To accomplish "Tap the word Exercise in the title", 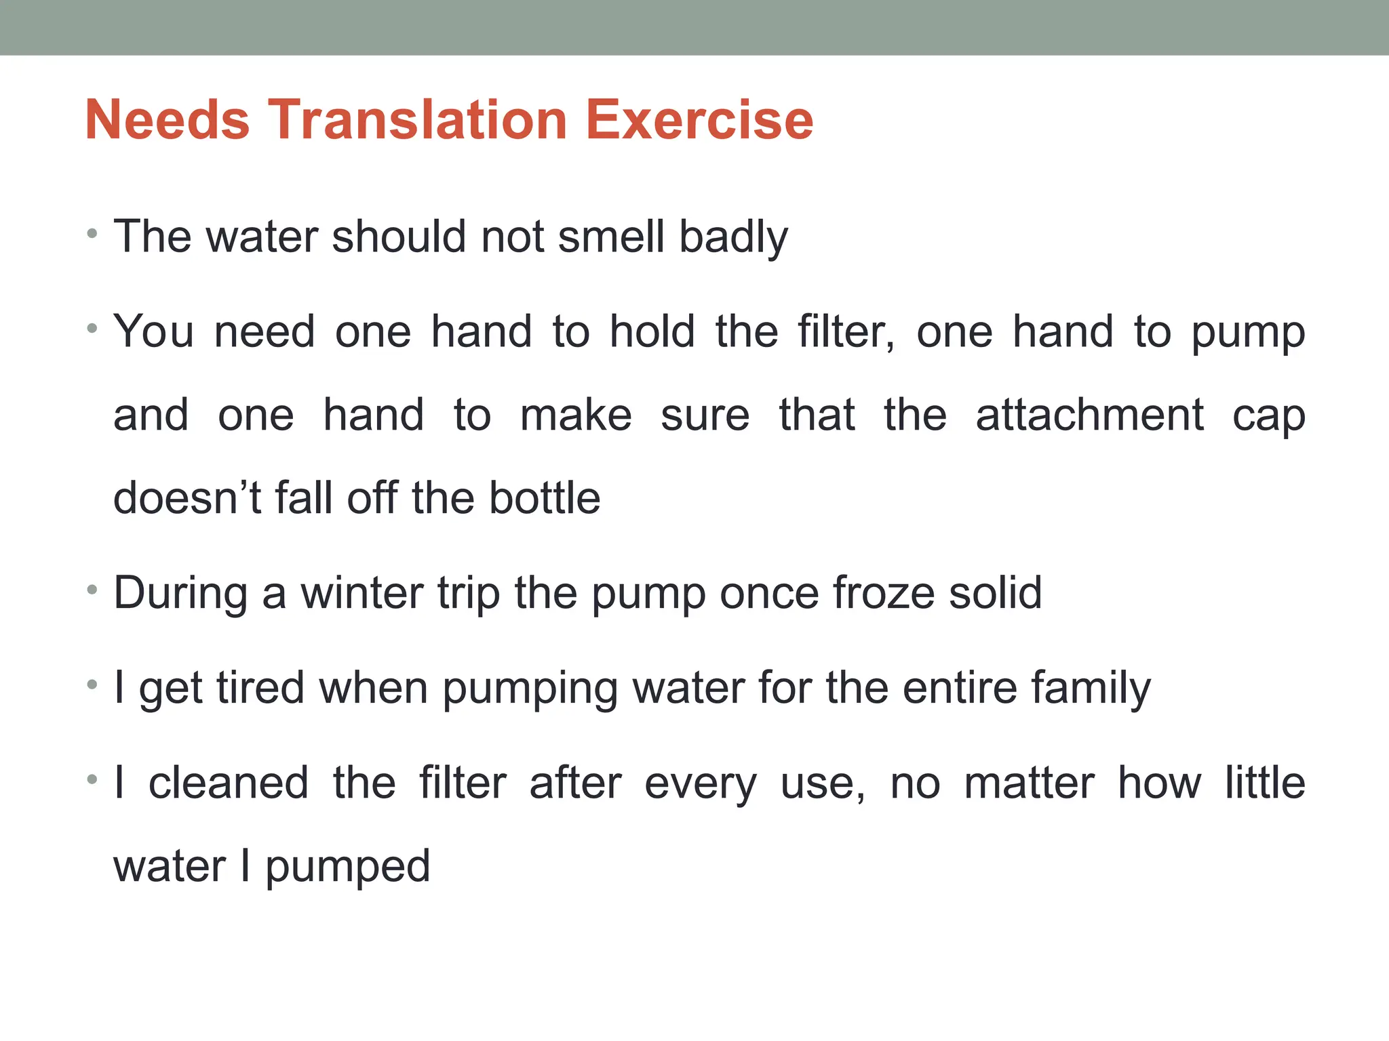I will [x=699, y=120].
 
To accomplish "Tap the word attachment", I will [x=1089, y=415].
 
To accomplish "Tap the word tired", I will [x=260, y=688].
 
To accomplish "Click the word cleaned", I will [x=229, y=783].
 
